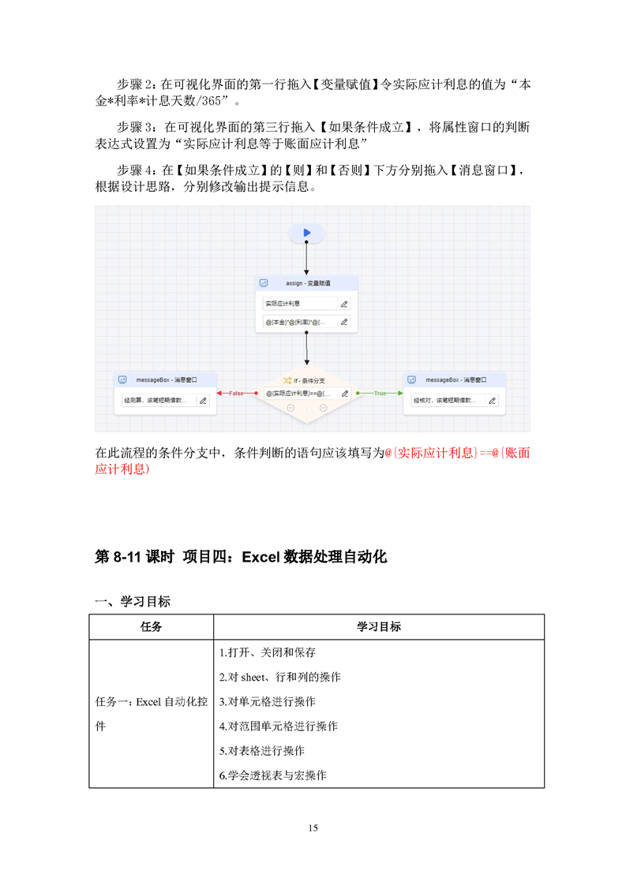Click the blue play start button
[307, 233]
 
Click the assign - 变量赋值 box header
[308, 282]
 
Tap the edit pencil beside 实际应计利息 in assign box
[343, 304]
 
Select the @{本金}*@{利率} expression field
[298, 322]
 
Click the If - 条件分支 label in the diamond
[308, 380]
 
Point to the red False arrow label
[236, 393]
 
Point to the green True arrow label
[380, 393]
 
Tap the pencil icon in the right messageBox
[492, 401]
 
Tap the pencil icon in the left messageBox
[203, 401]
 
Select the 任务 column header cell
[152, 627]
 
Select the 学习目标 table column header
[379, 627]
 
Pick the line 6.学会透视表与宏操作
[273, 775]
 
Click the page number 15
[313, 827]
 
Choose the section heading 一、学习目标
[133, 602]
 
